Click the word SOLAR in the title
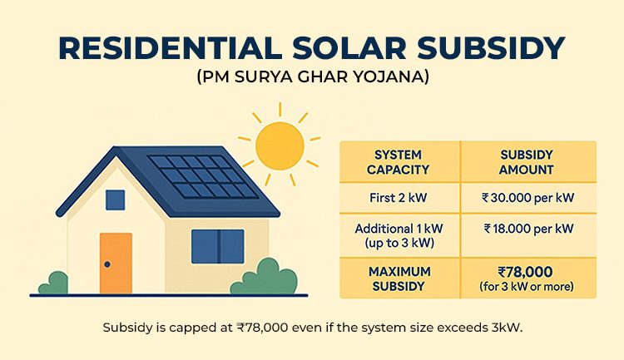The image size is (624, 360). point(349,48)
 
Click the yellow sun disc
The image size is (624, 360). point(280,146)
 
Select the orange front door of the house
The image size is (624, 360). point(116,263)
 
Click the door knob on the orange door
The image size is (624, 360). point(107,264)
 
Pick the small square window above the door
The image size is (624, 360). point(116,200)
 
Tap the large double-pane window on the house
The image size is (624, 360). point(218,246)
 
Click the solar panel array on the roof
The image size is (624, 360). point(203,176)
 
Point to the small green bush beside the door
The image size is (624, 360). point(54,284)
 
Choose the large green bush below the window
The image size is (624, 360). point(264,277)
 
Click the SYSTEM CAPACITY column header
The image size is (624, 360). point(398,162)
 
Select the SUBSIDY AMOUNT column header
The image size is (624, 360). point(527,162)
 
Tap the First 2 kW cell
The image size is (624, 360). point(398,198)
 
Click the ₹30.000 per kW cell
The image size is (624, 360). point(527,198)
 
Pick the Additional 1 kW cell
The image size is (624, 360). point(399,235)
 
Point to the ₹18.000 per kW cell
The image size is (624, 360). point(528,229)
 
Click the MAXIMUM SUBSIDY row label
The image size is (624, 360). point(399,279)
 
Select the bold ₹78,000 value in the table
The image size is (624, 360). point(525,272)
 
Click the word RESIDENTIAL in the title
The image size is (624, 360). point(171,48)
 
